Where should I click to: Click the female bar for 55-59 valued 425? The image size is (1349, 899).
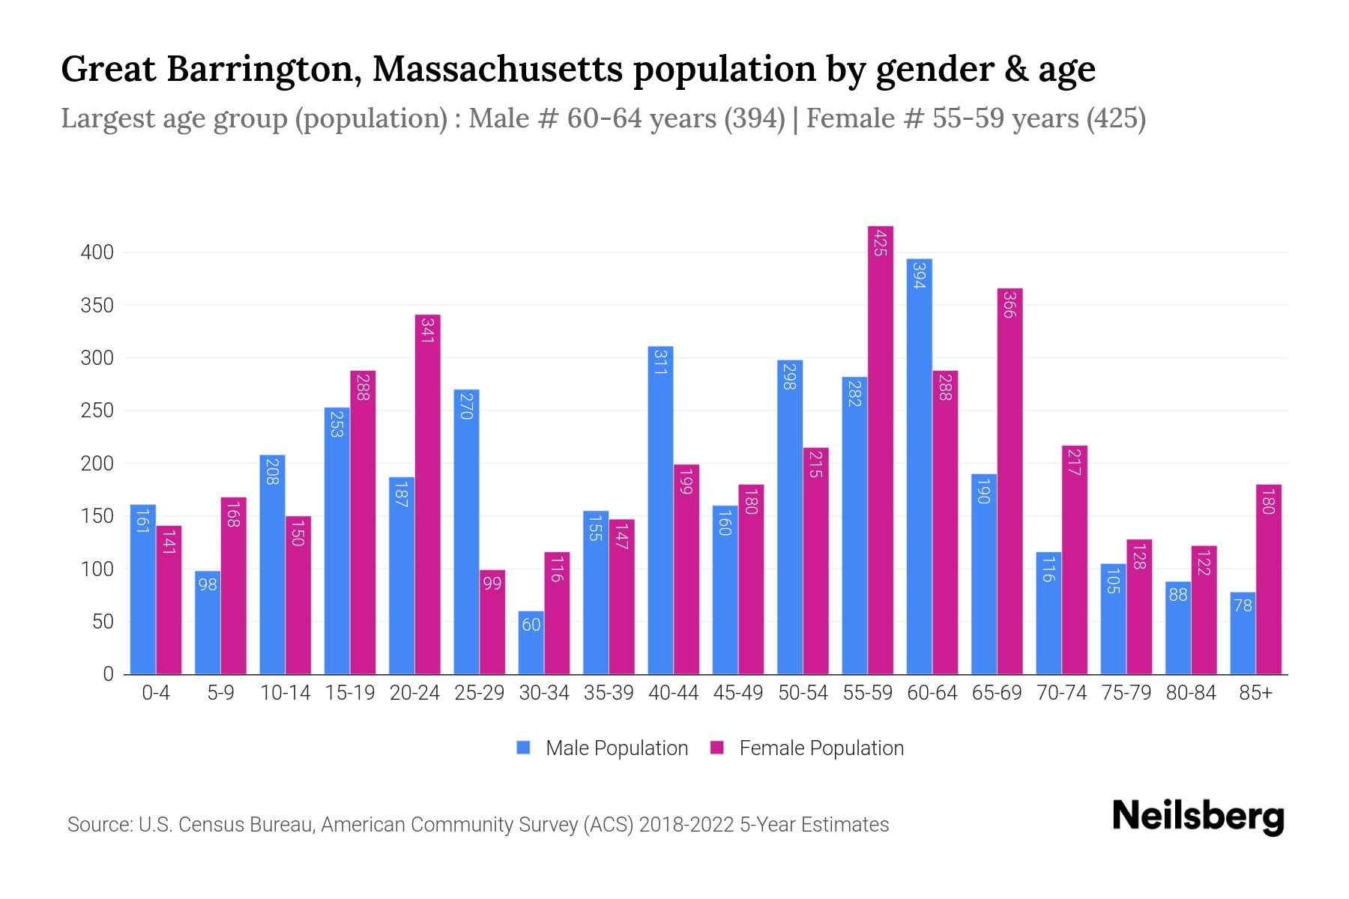click(881, 449)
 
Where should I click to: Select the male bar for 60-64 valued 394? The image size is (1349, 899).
click(920, 466)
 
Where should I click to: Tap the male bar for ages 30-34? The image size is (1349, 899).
click(531, 643)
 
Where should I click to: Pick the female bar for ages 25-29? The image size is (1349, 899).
click(492, 622)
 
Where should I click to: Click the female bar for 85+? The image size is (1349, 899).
click(1269, 579)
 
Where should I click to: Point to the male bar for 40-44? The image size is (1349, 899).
click(660, 509)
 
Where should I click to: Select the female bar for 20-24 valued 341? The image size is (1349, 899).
click(428, 494)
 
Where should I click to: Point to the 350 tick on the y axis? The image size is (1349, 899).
click(97, 306)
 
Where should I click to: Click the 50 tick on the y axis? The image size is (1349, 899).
click(103, 622)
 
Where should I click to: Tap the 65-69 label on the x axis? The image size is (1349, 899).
click(997, 693)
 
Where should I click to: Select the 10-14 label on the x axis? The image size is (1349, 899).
click(285, 693)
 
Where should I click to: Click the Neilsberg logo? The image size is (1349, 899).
click(1198, 817)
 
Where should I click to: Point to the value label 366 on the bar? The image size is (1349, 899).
click(1010, 306)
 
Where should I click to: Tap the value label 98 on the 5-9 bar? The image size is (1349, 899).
click(208, 584)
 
